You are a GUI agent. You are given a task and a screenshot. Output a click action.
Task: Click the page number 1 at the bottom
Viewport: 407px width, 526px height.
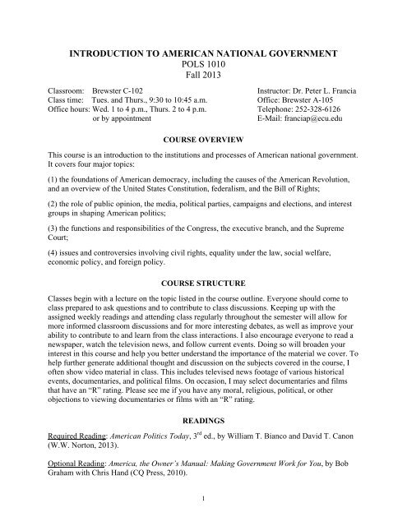tap(202, 518)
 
